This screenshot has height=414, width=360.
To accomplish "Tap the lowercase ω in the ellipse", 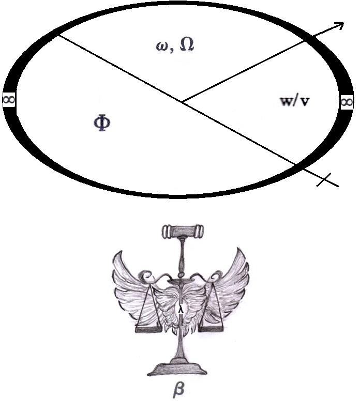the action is click(x=161, y=45).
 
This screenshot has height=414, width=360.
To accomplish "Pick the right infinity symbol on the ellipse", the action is click(x=347, y=101).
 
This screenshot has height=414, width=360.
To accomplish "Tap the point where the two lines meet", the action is click(x=182, y=101).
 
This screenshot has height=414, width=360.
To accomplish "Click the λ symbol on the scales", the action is click(x=181, y=309).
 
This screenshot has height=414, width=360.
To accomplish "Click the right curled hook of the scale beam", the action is click(x=210, y=279).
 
